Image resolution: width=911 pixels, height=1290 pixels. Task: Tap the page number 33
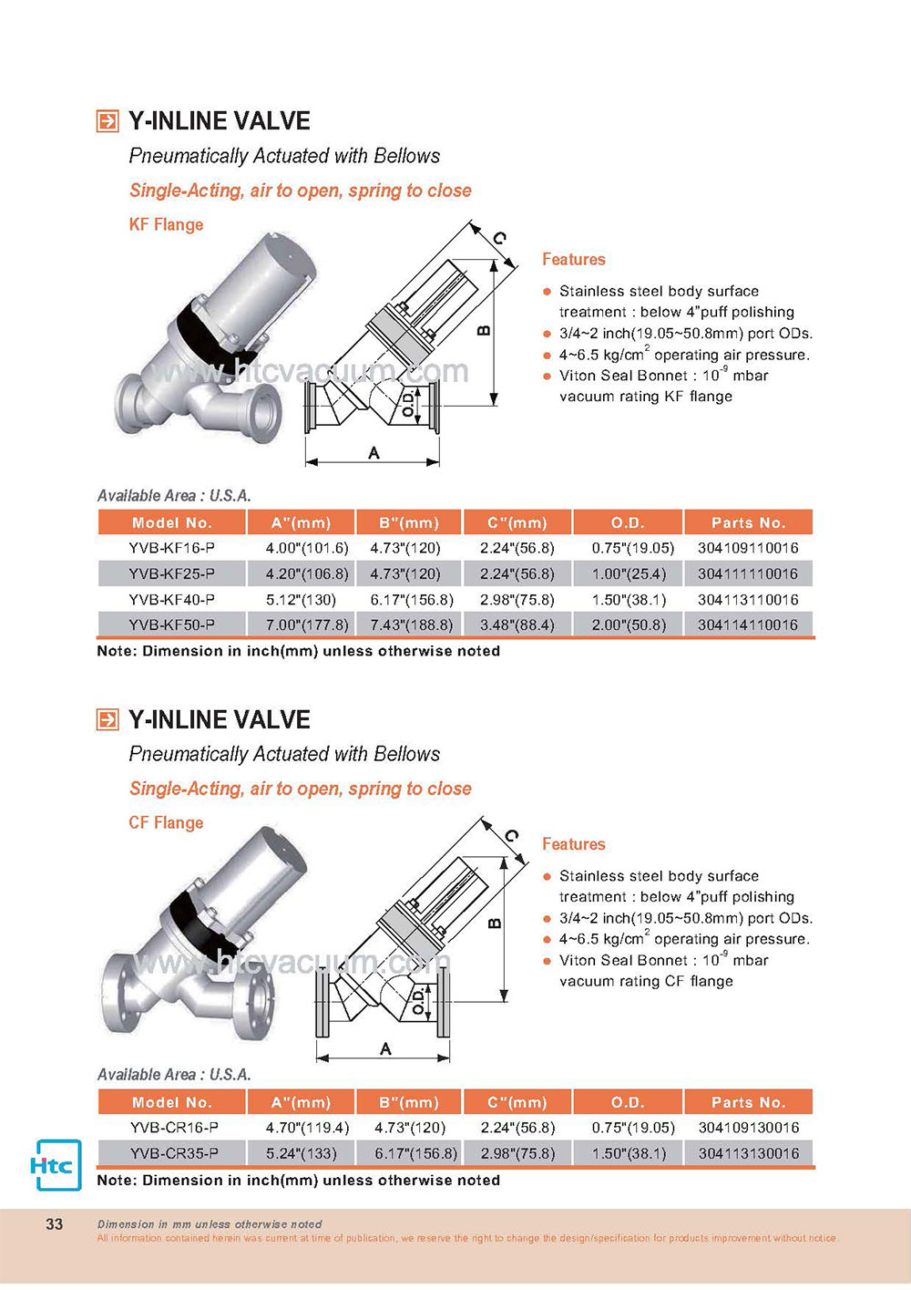pos(54,1223)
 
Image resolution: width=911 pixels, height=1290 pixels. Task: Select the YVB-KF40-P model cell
pos(171,600)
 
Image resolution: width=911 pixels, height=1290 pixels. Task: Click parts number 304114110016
pos(748,624)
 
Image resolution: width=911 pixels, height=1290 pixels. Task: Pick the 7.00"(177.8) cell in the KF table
pos(307,624)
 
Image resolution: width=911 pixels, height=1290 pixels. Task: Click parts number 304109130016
pos(749,1127)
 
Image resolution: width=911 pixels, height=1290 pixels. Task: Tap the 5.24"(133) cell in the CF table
pos(301,1153)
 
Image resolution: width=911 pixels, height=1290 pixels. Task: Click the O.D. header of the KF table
pos(628,523)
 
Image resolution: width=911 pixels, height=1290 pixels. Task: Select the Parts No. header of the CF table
pos(749,1102)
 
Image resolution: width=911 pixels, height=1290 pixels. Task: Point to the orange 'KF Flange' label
pos(166,224)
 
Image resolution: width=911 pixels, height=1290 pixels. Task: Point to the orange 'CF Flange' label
pos(166,822)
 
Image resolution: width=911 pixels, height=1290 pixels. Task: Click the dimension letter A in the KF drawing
pos(374,453)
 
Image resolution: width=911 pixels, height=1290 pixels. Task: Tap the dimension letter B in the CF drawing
pos(495,924)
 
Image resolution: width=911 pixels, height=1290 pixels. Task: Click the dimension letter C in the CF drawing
pos(512,835)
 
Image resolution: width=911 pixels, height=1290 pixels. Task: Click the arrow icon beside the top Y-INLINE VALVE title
pos(107,121)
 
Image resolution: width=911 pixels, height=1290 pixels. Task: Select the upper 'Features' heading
pos(574,259)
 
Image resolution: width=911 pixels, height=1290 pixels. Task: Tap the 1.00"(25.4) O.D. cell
pos(629,574)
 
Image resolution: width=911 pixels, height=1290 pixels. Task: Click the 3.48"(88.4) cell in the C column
pos(517,624)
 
